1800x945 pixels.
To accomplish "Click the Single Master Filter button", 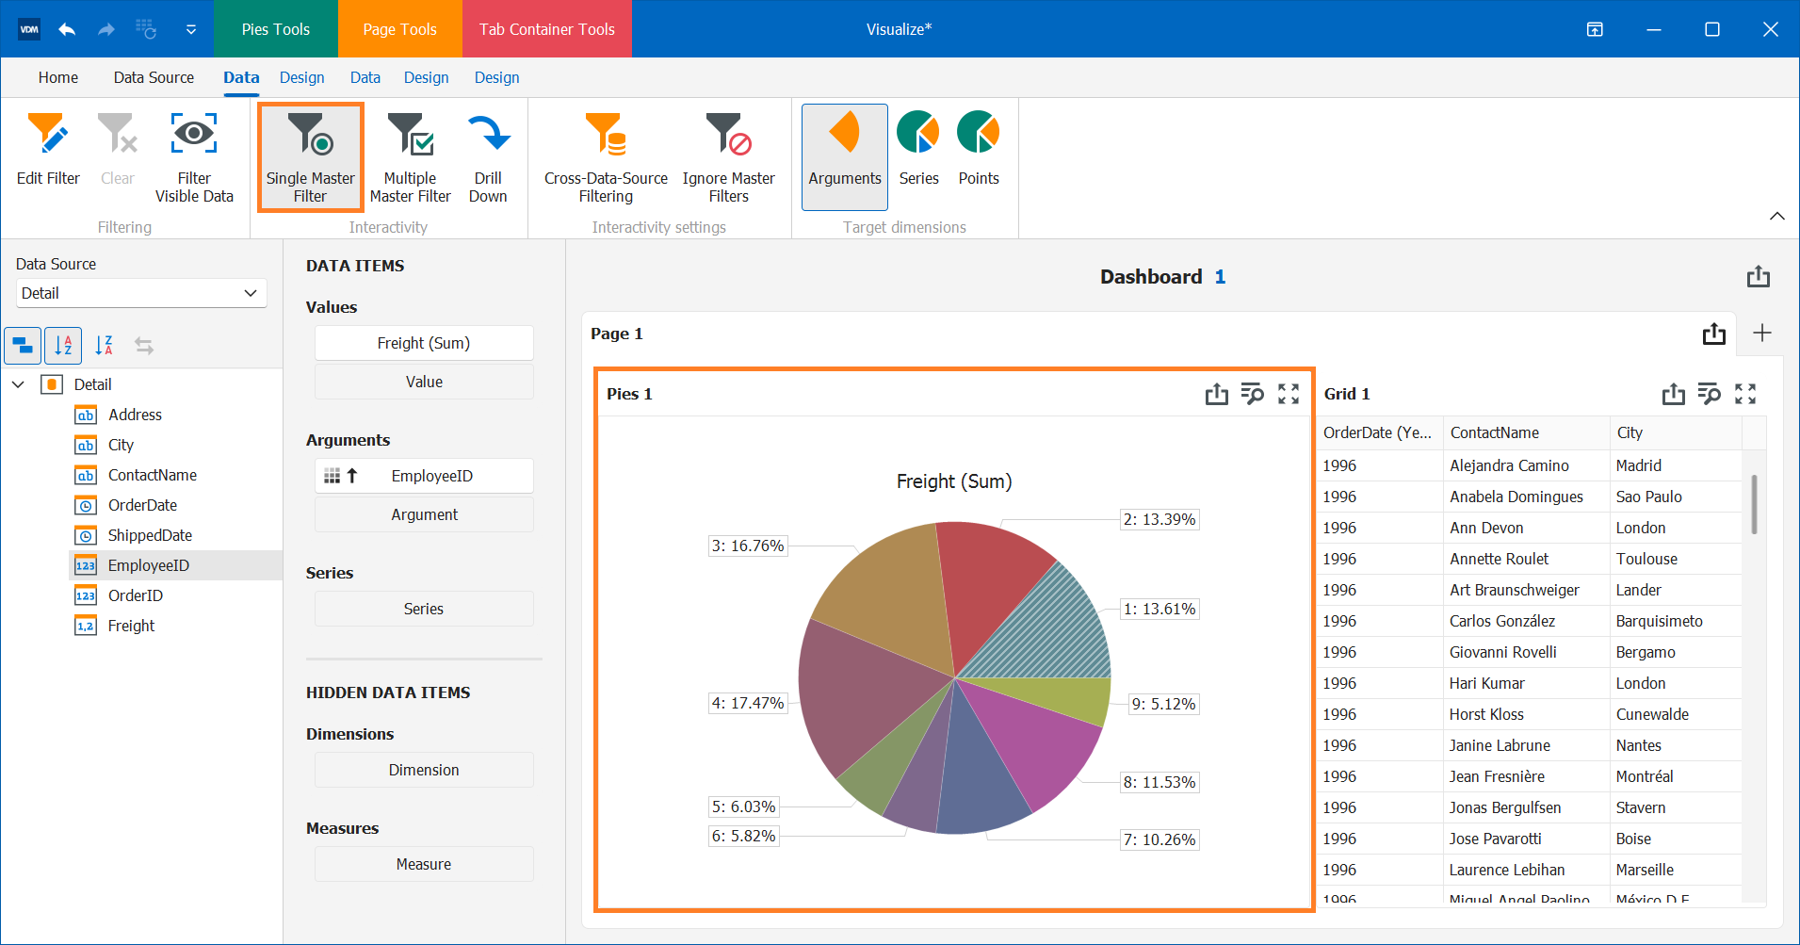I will [310, 156].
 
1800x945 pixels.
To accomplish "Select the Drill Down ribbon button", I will [488, 156].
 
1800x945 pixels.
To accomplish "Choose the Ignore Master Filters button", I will [728, 156].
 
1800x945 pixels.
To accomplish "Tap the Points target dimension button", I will [979, 148].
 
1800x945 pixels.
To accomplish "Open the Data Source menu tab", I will [154, 77].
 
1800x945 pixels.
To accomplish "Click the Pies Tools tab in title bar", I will [275, 29].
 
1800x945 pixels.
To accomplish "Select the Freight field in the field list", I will [131, 626].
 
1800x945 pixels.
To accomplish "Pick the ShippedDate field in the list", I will [150, 535].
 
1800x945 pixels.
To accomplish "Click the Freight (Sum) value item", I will [424, 343].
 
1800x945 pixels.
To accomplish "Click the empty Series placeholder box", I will [424, 609].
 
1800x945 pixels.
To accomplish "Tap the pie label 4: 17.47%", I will [748, 703].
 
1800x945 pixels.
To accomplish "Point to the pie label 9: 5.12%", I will [1163, 704].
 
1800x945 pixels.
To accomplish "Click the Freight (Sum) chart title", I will [953, 481].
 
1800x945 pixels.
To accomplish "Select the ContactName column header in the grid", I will [1495, 432].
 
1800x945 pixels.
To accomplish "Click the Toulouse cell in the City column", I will [1646, 559].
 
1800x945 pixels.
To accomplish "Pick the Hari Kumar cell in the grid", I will [1486, 683].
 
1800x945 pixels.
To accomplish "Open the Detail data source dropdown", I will [141, 293].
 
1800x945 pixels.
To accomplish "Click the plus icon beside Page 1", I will [1762, 333].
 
